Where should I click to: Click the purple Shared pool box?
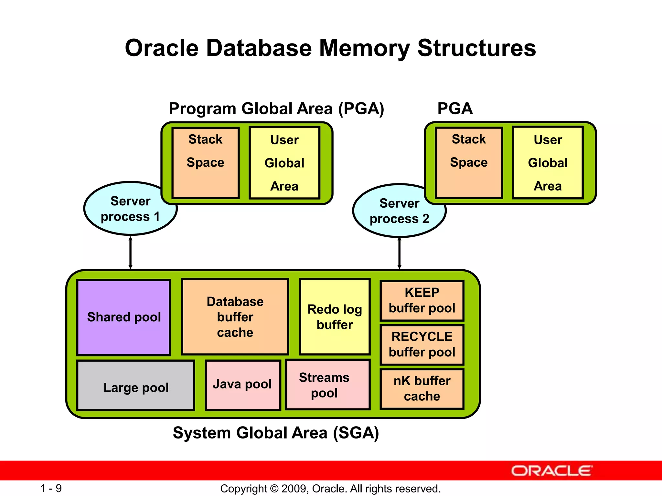[x=124, y=317]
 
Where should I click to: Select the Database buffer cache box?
[x=235, y=317]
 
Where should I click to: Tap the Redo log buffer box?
[x=335, y=317]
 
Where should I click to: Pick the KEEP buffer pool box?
[x=422, y=300]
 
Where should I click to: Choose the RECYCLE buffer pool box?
[x=422, y=345]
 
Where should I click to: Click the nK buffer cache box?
[x=422, y=388]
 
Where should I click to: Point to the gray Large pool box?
[x=136, y=386]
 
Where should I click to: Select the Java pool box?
[x=242, y=385]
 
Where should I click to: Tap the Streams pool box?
[x=327, y=385]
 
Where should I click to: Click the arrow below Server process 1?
[x=130, y=253]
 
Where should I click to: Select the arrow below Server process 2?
[x=399, y=253]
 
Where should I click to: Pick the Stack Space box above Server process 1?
[x=205, y=162]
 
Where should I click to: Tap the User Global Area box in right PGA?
[x=548, y=162]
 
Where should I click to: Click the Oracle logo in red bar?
[x=551, y=471]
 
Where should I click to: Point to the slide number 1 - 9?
[x=51, y=488]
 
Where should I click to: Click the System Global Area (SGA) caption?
[x=276, y=433]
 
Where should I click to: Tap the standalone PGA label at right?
[x=455, y=108]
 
